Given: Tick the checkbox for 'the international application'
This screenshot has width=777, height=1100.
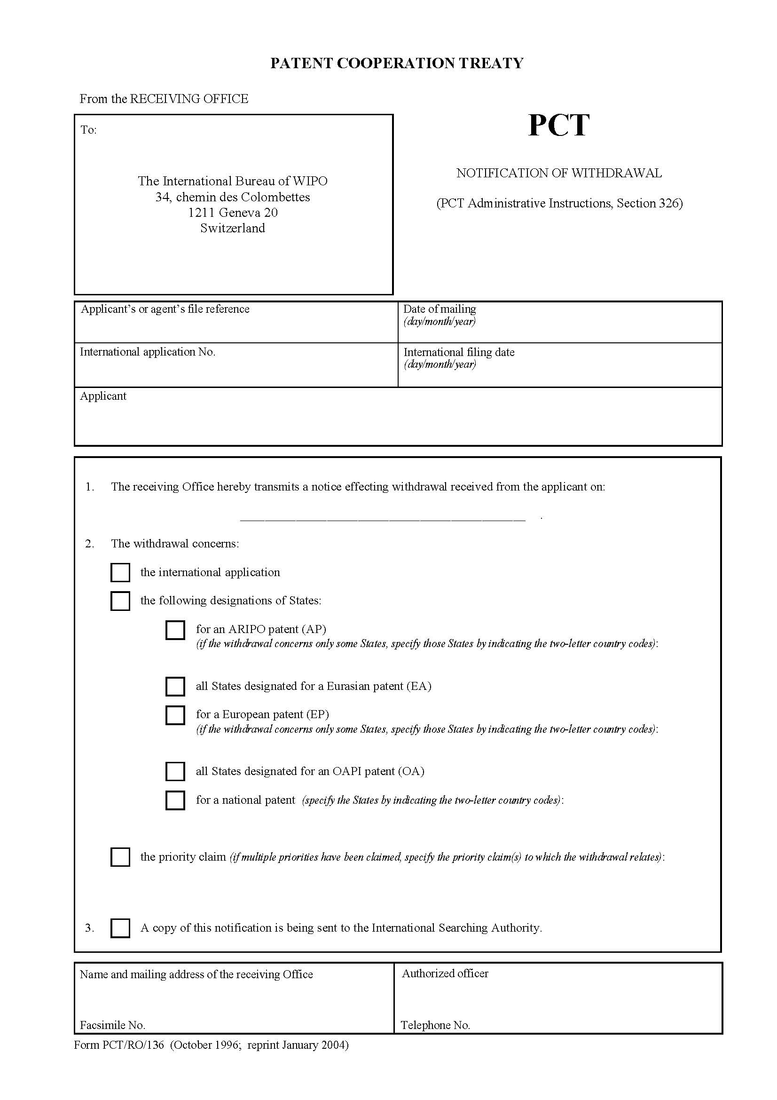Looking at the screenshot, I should pyautogui.click(x=120, y=572).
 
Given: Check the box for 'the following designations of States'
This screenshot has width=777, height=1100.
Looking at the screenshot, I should pyautogui.click(x=120, y=601).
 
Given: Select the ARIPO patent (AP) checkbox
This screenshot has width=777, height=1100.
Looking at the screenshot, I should pyautogui.click(x=175, y=630).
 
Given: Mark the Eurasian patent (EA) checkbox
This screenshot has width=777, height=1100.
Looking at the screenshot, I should pyautogui.click(x=175, y=687).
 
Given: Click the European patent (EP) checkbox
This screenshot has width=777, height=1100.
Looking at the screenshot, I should pyautogui.click(x=175, y=715).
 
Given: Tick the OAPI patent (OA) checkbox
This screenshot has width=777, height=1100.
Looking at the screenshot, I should pyautogui.click(x=175, y=771).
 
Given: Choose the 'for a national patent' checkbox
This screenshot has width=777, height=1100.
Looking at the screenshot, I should pyautogui.click(x=175, y=800).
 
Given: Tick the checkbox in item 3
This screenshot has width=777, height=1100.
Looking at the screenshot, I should pyautogui.click(x=120, y=928).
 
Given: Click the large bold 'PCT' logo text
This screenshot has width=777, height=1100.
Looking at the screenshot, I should pyautogui.click(x=558, y=126).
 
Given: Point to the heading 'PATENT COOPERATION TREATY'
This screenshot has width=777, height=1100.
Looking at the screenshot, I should pyautogui.click(x=397, y=63).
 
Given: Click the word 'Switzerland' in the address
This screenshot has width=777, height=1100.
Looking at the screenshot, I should pyautogui.click(x=233, y=228).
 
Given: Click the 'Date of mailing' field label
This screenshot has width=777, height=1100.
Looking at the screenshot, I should pyautogui.click(x=440, y=309).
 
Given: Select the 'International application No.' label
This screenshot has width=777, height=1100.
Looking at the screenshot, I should pyautogui.click(x=148, y=352).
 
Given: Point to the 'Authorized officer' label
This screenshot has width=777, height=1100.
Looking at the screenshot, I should pyautogui.click(x=445, y=973).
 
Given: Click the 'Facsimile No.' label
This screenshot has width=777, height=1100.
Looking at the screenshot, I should pyautogui.click(x=112, y=1025).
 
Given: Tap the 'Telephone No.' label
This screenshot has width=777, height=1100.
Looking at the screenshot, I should pyautogui.click(x=435, y=1025).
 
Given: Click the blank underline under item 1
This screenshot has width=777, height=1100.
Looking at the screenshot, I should pyautogui.click(x=383, y=519).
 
